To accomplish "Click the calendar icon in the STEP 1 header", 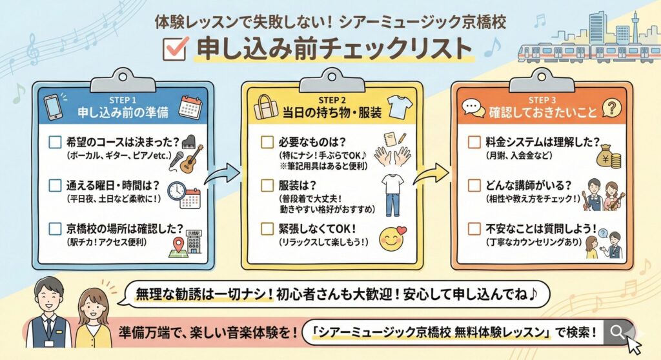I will pyautogui.click(x=190, y=106).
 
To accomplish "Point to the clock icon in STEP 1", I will pyautogui.click(x=177, y=190).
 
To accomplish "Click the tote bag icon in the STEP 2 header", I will pyautogui.click(x=265, y=106).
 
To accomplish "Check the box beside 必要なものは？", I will pyautogui.click(x=267, y=141).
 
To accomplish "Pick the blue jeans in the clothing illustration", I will pyautogui.click(x=392, y=203).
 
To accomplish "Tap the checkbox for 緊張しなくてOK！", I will pyautogui.click(x=267, y=229).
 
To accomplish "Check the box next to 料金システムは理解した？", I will pyautogui.click(x=474, y=141).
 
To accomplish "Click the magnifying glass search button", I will pyautogui.click(x=618, y=332).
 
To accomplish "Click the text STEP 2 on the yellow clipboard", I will pyautogui.click(x=332, y=100).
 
